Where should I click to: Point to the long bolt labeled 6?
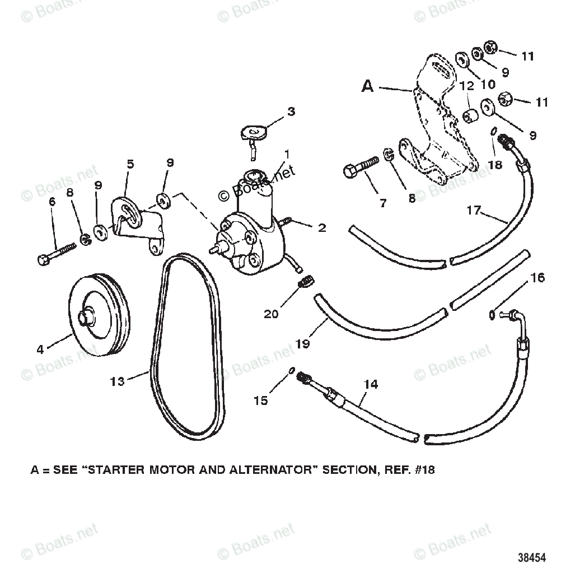click(x=57, y=253)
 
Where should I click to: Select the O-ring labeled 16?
click(x=492, y=315)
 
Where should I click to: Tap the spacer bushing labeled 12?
click(x=469, y=118)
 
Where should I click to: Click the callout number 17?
click(x=474, y=211)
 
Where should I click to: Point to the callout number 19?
click(x=302, y=343)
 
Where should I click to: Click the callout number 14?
click(x=371, y=384)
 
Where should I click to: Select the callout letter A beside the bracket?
click(x=367, y=86)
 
